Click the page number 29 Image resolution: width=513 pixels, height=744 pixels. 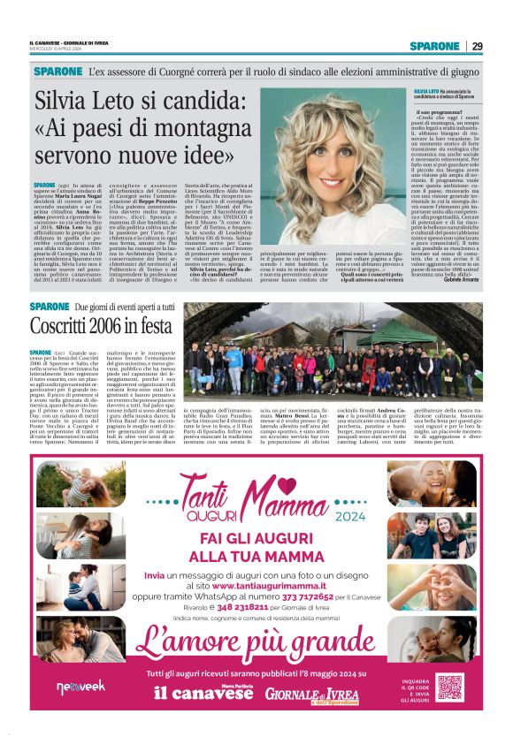click(476, 45)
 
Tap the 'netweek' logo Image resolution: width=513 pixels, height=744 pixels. click(80, 686)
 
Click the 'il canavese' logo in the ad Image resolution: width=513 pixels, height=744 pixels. click(190, 694)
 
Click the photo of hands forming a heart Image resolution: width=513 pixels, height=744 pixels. click(420, 636)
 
